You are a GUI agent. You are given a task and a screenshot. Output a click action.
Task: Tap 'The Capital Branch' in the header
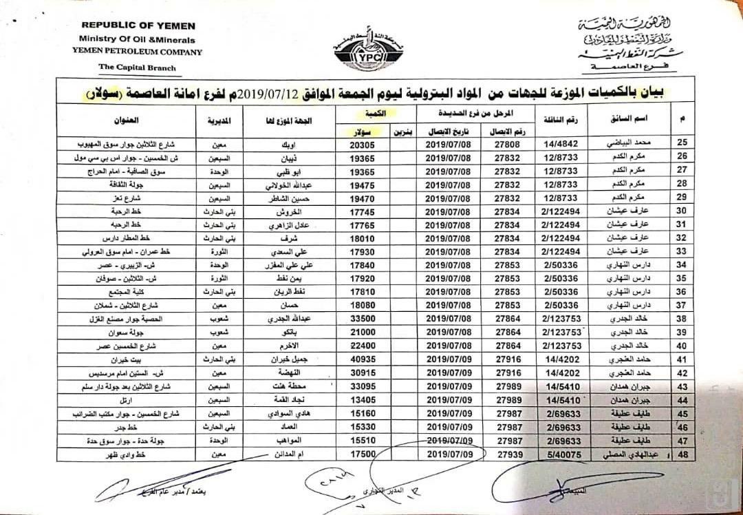(x=137, y=67)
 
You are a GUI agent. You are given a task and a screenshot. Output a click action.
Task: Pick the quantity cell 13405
(x=365, y=400)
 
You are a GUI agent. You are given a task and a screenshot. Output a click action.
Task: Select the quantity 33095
(x=365, y=386)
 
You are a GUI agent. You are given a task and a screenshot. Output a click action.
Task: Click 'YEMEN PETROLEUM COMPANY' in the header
(x=137, y=52)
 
